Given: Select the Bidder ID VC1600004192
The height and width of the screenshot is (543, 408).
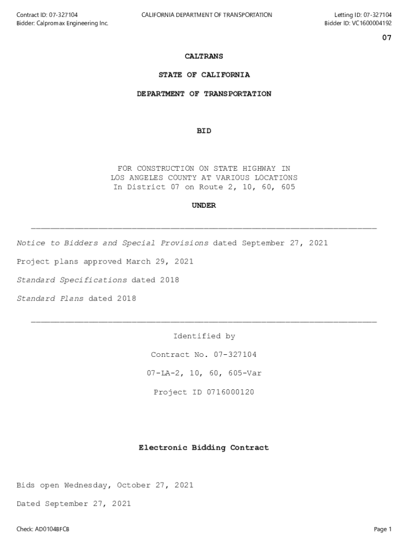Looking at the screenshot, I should coord(369,23).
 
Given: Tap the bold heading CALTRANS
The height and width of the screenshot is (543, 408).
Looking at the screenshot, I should coord(204,56).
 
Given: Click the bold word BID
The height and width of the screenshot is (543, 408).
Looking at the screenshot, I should coord(204,131).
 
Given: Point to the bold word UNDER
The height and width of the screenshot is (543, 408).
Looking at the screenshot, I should coord(204,206).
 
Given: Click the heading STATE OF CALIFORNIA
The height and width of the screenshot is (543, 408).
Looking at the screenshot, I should coord(204,75).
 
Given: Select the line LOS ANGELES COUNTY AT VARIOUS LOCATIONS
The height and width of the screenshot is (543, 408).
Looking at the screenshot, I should coord(204,178).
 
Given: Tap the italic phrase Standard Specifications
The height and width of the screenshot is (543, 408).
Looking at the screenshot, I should coord(72,280).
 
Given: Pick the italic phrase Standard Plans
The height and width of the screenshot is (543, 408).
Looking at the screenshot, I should coord(50,299).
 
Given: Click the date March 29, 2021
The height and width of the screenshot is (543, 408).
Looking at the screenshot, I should coord(159,261).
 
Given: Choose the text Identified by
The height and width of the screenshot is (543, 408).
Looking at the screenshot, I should coord(204,336).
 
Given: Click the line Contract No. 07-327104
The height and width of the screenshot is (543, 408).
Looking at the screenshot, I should coord(204,355).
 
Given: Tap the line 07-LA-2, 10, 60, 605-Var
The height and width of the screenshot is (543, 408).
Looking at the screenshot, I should coord(204,373).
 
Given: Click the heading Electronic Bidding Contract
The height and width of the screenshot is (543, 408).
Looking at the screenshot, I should coord(204,448).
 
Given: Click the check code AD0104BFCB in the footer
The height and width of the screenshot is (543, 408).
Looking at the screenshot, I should coord(52,529).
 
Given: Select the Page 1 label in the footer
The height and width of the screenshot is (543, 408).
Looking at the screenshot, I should coord(383,529).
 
